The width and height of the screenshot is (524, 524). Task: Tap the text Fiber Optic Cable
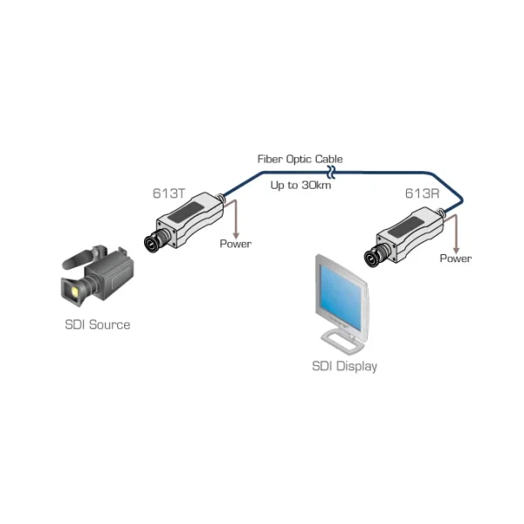(x=300, y=159)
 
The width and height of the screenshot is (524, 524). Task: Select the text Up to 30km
(x=300, y=185)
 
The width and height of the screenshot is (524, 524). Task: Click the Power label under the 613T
(x=235, y=244)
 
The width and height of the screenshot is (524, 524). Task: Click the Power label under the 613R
(x=455, y=259)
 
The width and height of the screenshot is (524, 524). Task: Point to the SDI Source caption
(x=97, y=325)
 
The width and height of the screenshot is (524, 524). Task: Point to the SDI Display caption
(x=345, y=366)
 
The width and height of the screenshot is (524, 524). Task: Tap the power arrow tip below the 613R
(x=455, y=248)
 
